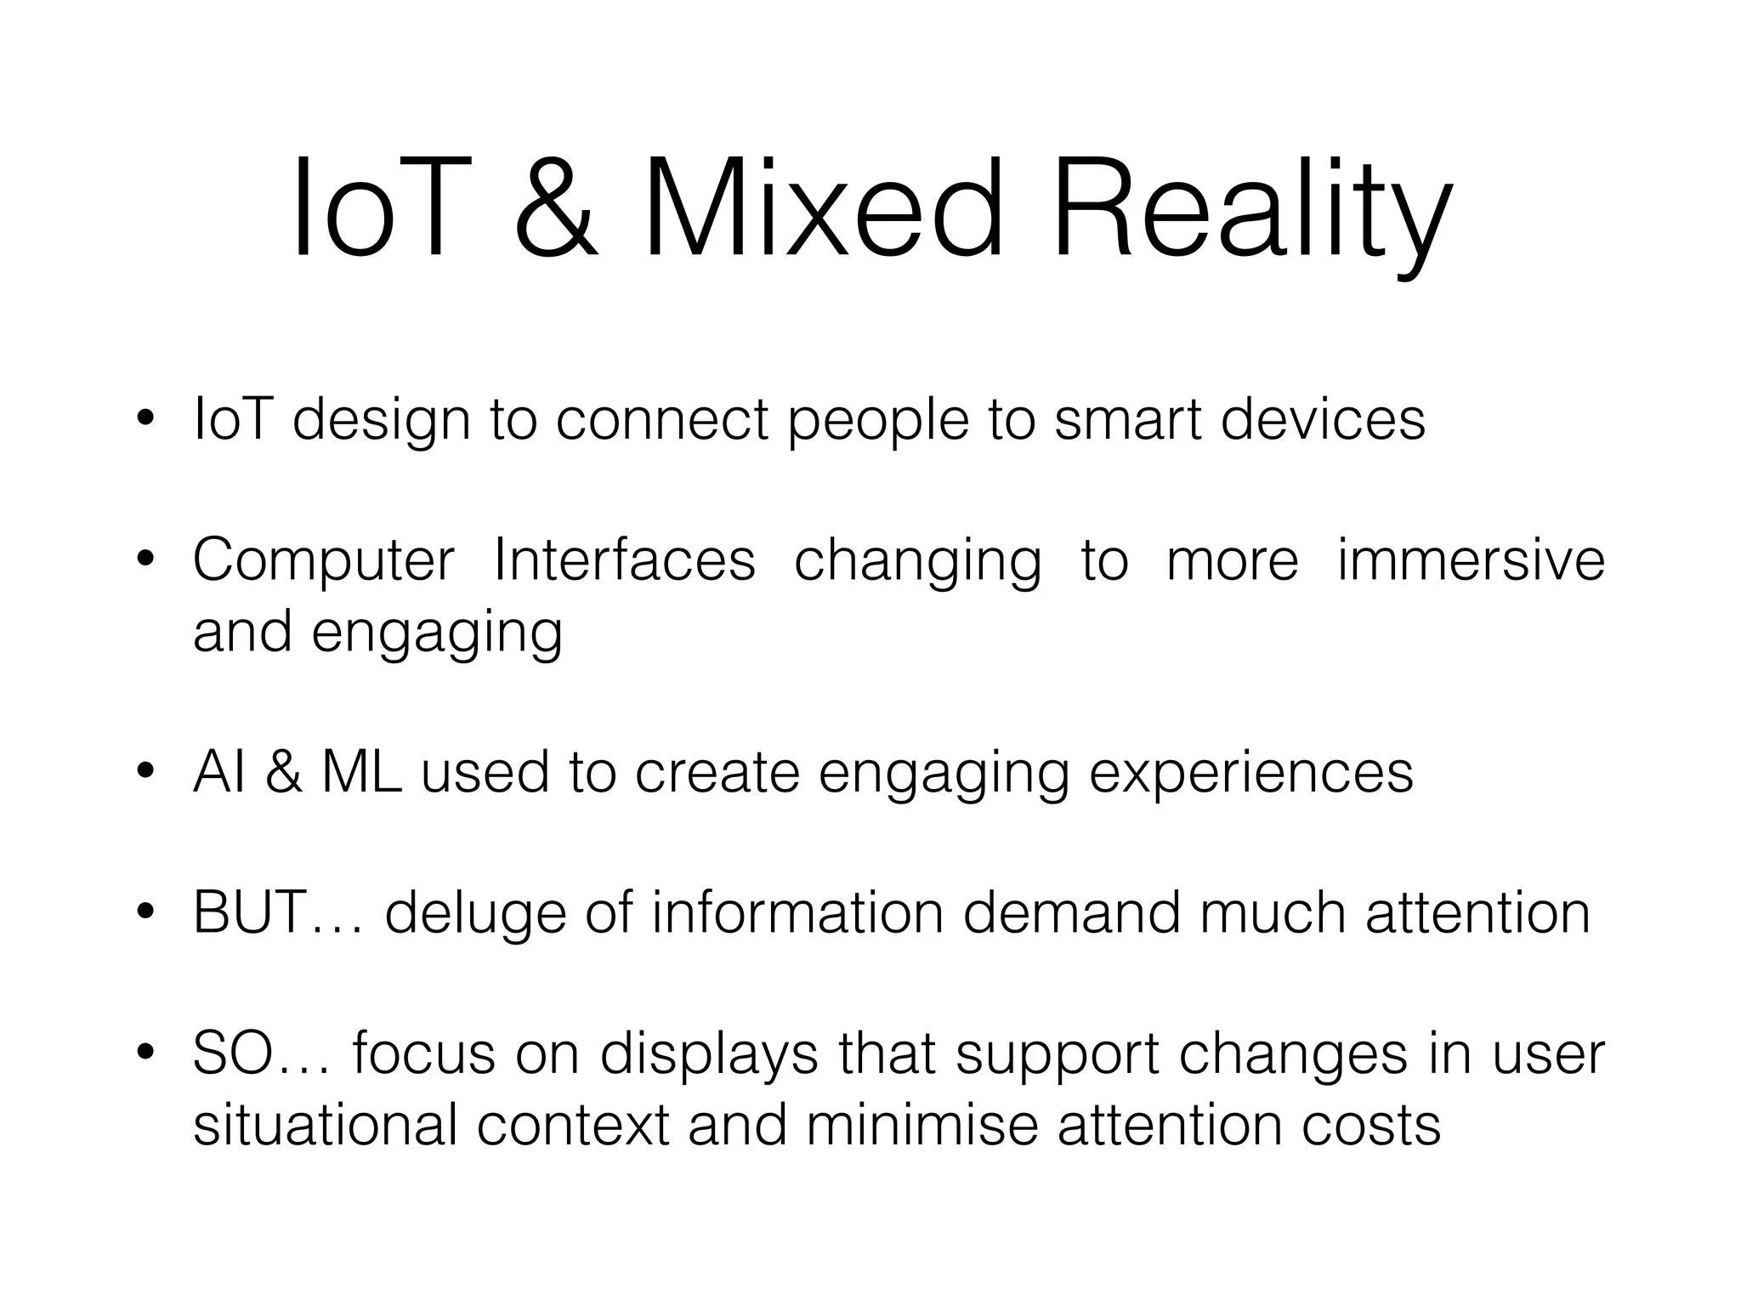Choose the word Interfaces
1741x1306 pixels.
point(625,560)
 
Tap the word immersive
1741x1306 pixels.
point(1471,560)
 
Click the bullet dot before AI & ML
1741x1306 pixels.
point(145,771)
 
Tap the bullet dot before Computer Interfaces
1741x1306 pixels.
point(145,560)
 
